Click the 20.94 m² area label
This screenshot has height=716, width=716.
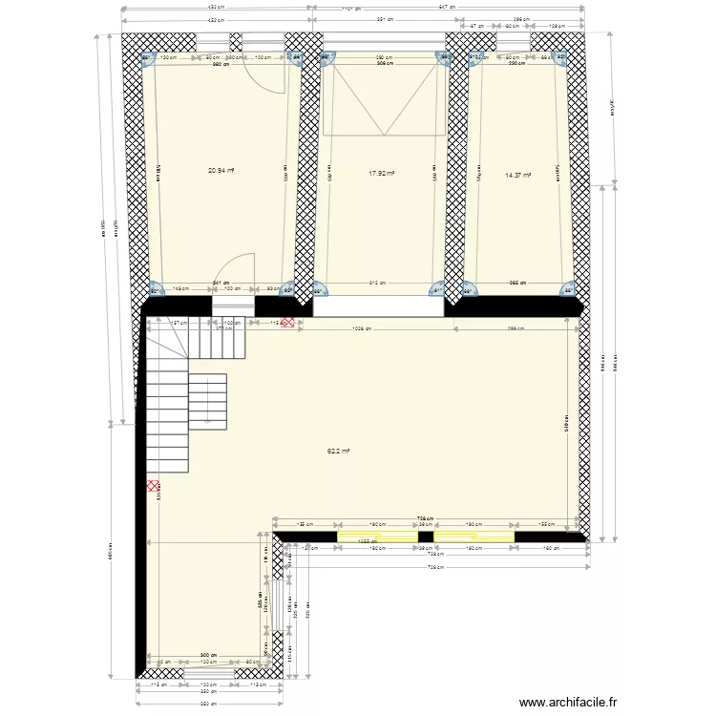(221, 171)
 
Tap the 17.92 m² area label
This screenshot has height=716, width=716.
(382, 174)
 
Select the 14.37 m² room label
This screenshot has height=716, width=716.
(517, 175)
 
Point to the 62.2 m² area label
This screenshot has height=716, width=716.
(339, 451)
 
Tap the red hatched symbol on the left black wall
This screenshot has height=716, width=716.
(153, 487)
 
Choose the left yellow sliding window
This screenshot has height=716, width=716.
(377, 537)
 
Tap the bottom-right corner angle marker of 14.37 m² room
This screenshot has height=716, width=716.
(567, 290)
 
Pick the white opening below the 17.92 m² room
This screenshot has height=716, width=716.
(378, 305)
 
